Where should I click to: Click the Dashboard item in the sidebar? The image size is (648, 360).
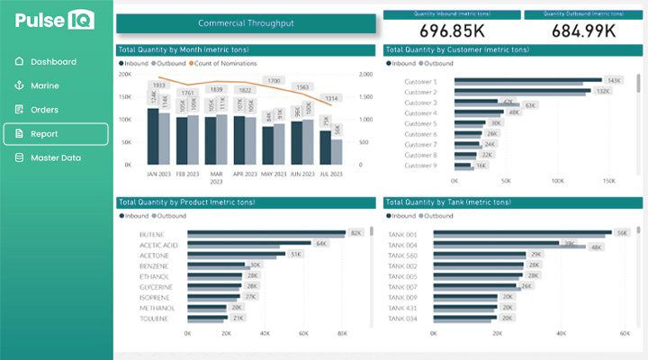click(x=52, y=62)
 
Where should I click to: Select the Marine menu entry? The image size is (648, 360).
click(x=44, y=85)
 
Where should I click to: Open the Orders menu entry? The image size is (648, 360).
click(x=44, y=110)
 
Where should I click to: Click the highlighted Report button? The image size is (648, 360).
click(x=55, y=134)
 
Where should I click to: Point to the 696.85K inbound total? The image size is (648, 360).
click(x=453, y=31)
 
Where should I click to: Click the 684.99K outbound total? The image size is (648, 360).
click(x=584, y=31)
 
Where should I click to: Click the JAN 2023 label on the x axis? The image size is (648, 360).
click(x=158, y=172)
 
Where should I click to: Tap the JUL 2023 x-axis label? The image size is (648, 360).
click(x=331, y=172)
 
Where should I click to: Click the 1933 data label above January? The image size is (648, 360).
click(x=158, y=85)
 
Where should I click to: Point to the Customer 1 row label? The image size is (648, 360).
click(x=420, y=82)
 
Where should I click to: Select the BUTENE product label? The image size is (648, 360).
click(x=151, y=234)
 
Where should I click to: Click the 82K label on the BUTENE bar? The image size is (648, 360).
click(x=355, y=233)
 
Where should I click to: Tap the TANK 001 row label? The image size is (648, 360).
click(x=402, y=234)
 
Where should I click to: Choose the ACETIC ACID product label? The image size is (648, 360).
click(x=158, y=245)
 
